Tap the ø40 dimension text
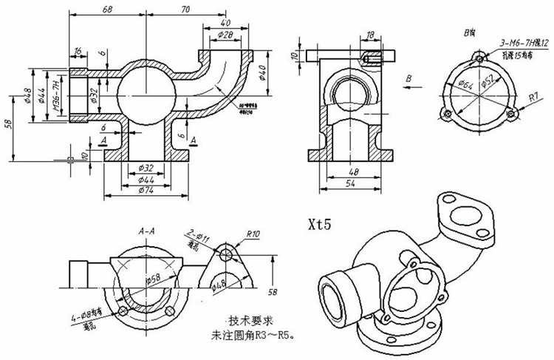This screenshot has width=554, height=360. pos(261,74)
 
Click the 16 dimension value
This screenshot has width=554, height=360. pos(78,50)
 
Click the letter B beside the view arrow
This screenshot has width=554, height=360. pos(408,76)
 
